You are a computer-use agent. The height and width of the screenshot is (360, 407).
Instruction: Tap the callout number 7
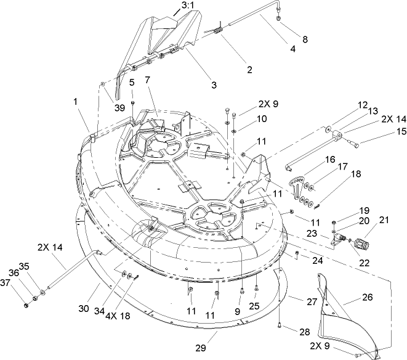click(x=147, y=81)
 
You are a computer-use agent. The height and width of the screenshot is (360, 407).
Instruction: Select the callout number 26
click(x=367, y=298)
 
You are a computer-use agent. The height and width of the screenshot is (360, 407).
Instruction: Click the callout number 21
click(x=385, y=221)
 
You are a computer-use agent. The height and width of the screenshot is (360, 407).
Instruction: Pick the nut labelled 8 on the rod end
click(x=280, y=18)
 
